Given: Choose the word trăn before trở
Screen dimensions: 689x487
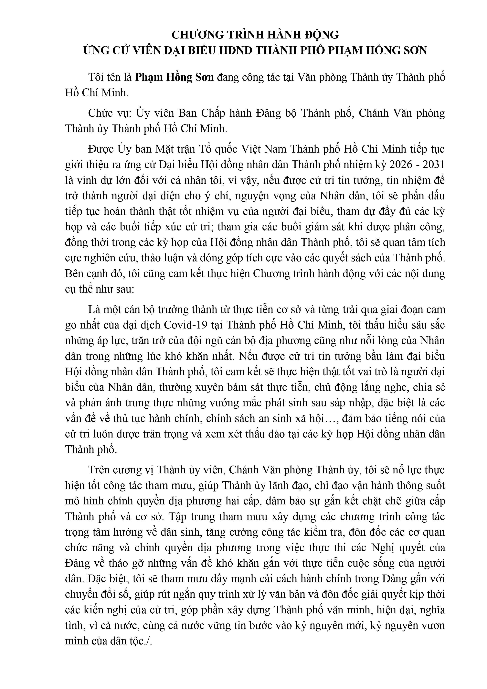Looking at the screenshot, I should click(152, 341).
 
